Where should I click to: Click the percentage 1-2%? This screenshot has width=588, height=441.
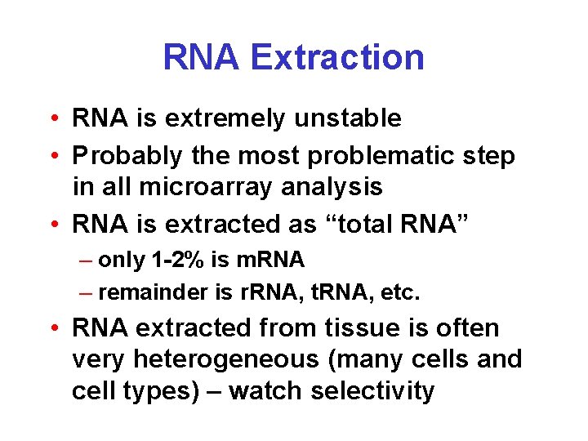click(177, 260)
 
